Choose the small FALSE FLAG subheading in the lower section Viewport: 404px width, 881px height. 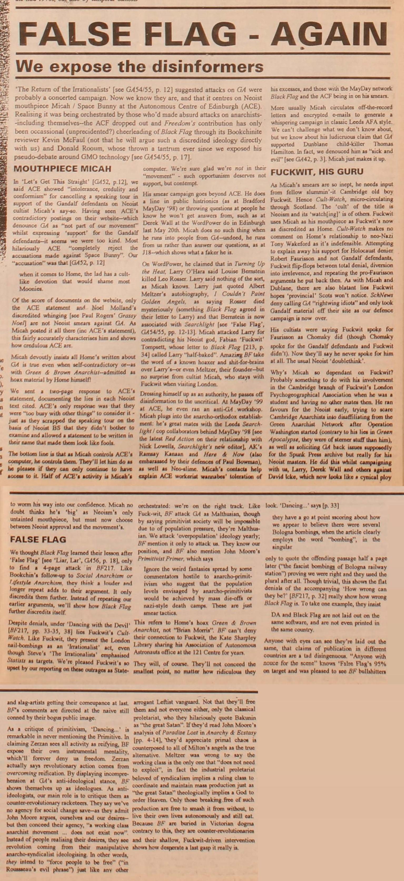tap(38, 539)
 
